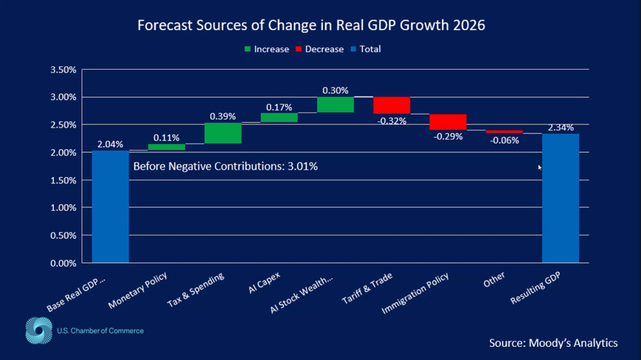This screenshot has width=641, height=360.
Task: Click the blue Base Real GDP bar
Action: tap(110, 207)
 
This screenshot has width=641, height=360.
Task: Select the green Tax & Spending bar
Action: tap(223, 133)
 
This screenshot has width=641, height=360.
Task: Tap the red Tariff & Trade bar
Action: tap(392, 105)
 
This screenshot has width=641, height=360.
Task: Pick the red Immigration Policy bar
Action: tap(448, 122)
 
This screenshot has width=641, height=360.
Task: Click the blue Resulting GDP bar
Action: tap(560, 198)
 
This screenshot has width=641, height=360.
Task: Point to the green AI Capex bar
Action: tap(279, 117)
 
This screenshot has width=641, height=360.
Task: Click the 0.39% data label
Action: tap(223, 116)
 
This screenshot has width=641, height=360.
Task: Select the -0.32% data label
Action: tap(392, 120)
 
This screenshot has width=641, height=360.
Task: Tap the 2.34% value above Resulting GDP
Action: tap(560, 128)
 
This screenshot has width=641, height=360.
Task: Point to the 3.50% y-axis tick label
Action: tap(63, 69)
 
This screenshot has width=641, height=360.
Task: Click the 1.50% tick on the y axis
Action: tap(63, 180)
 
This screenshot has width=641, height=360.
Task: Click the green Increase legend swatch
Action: tap(247, 49)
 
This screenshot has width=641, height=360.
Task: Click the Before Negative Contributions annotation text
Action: tap(226, 167)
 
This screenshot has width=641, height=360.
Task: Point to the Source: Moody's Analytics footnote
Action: tap(553, 342)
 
